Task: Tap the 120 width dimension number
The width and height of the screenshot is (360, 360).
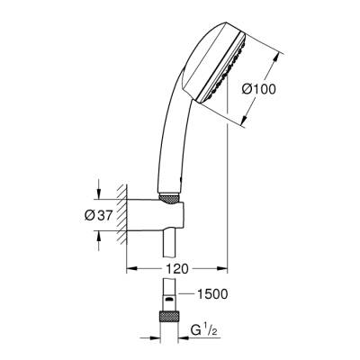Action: [176, 267]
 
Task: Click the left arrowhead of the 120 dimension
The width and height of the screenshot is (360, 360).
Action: [130, 268]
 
